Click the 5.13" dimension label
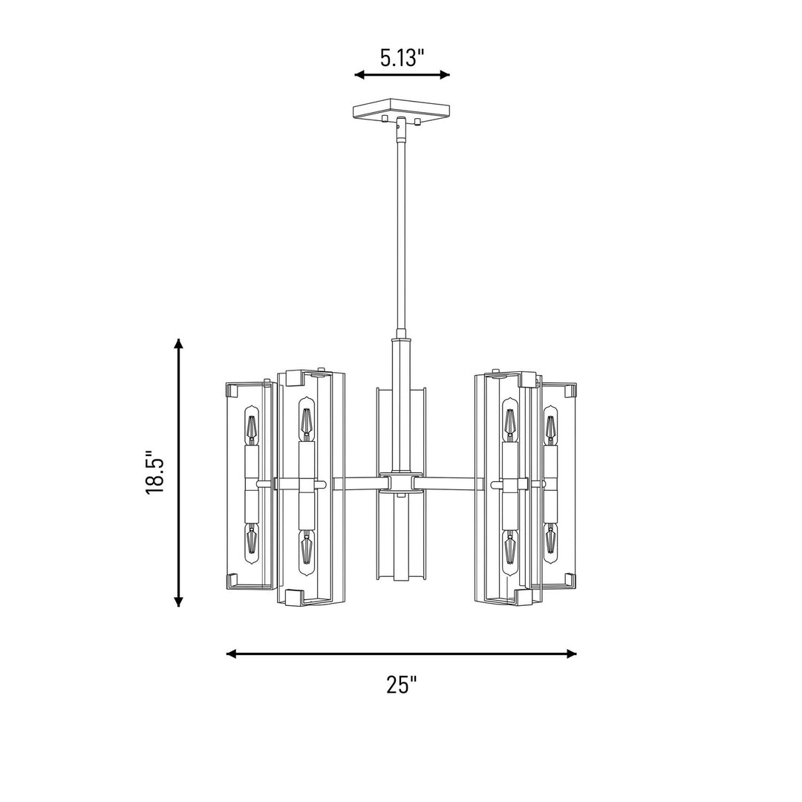(x=402, y=58)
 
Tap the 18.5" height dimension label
(x=154, y=472)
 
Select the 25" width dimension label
(x=402, y=685)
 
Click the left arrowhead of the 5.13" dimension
(x=359, y=75)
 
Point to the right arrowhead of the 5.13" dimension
(x=445, y=75)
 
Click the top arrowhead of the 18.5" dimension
(x=178, y=343)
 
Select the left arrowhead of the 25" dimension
(x=231, y=653)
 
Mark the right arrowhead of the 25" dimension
(x=572, y=653)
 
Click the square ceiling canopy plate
(x=402, y=110)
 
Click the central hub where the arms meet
(x=401, y=482)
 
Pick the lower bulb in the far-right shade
(x=550, y=543)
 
